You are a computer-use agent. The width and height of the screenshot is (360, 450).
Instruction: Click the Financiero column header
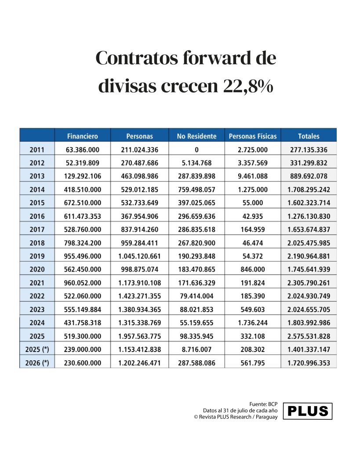[x=82, y=136]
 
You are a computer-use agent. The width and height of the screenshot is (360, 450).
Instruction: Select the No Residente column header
[x=196, y=136]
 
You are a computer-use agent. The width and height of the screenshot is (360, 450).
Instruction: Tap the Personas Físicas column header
[x=253, y=136]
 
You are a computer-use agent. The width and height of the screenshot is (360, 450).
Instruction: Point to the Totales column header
[x=309, y=136]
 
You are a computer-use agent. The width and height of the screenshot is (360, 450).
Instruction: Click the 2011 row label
[x=37, y=149]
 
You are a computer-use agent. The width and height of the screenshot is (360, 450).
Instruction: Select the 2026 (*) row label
[x=37, y=363]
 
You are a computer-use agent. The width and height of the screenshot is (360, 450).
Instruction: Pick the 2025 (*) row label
[x=37, y=349]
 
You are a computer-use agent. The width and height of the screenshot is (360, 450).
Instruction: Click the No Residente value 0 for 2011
[x=196, y=149]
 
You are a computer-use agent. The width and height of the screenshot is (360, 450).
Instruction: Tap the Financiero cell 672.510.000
[x=82, y=203]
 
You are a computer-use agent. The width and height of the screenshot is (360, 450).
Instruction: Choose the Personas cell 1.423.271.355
[x=139, y=296]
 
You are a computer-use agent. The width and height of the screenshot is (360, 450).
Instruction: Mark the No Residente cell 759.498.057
[x=196, y=189]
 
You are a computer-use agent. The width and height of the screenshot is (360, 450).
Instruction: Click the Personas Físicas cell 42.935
[x=253, y=216]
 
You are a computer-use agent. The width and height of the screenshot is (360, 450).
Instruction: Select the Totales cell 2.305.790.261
[x=309, y=283]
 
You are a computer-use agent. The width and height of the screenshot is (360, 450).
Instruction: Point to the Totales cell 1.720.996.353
[x=309, y=363]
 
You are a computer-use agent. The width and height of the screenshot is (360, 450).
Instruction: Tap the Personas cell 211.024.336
[x=139, y=149]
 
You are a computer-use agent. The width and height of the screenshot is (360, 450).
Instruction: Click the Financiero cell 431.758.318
[x=82, y=323]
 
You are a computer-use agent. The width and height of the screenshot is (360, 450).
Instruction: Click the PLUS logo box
[x=307, y=411]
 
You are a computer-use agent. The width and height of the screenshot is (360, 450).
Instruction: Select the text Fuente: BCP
[x=263, y=404]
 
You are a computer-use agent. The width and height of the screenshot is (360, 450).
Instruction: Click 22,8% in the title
[x=248, y=86]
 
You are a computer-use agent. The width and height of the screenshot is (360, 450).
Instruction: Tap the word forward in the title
[x=217, y=58]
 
